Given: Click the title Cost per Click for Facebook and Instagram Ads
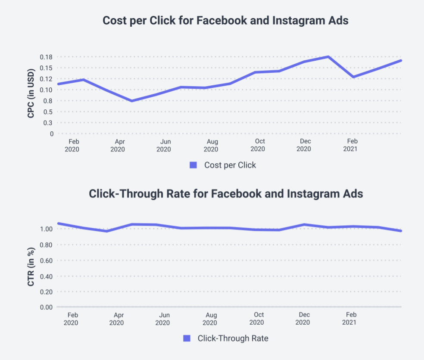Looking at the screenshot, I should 226,21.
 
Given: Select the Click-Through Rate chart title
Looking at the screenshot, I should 226,194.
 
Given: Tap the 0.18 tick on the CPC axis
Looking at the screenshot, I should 46,57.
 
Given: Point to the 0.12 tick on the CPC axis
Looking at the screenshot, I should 46,79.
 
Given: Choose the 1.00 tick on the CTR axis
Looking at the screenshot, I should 46,229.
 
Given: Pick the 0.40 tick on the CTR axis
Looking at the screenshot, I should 46,276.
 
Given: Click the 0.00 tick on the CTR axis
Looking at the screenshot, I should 46,307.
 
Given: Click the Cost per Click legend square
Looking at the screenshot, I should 193,165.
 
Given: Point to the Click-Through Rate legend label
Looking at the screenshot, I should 233,338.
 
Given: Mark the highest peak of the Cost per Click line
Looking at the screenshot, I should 328,57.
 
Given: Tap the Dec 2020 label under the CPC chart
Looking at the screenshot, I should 304,146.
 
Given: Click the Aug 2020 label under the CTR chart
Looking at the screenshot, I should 210,319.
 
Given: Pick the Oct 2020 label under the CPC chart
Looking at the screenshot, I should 258,146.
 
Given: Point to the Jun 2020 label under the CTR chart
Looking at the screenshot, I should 163,319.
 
